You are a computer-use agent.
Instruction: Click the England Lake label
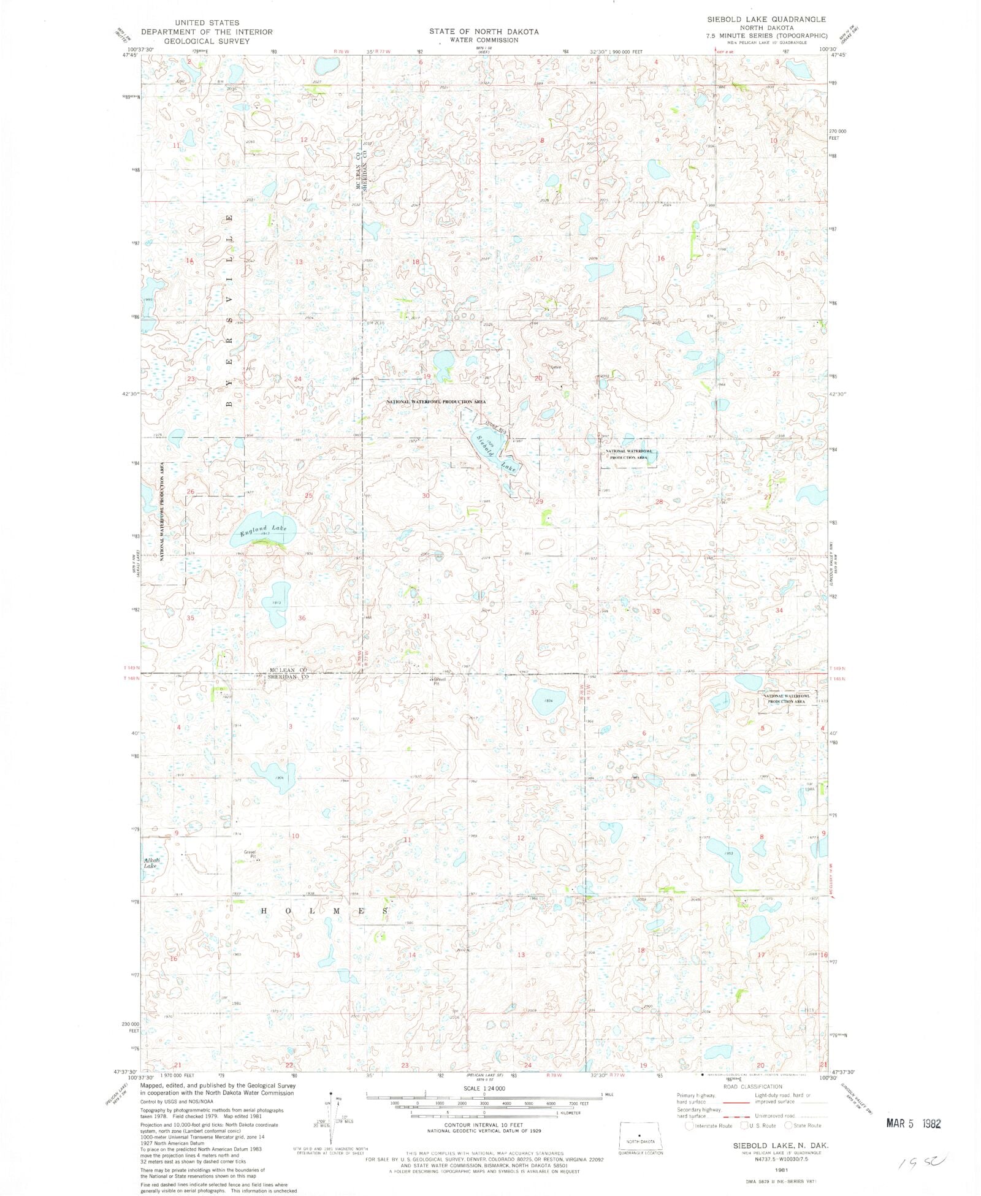263,530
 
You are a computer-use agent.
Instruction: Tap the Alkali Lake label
151,863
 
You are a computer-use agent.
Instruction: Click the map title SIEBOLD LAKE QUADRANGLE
766,20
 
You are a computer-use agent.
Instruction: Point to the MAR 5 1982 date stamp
913,1124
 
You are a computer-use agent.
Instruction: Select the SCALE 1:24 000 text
484,1088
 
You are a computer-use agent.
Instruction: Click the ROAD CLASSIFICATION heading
752,1086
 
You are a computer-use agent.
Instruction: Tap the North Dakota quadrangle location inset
640,1137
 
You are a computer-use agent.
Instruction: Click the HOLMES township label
325,912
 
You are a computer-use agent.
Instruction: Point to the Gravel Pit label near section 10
250,854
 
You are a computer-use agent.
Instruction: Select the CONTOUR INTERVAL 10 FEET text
484,1125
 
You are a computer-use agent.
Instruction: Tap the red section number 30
426,495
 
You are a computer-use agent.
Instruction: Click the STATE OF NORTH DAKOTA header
484,31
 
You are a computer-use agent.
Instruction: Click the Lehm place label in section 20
555,367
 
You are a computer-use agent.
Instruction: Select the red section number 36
302,618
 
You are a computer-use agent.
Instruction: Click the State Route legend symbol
788,1125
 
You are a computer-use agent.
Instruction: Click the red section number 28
659,501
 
